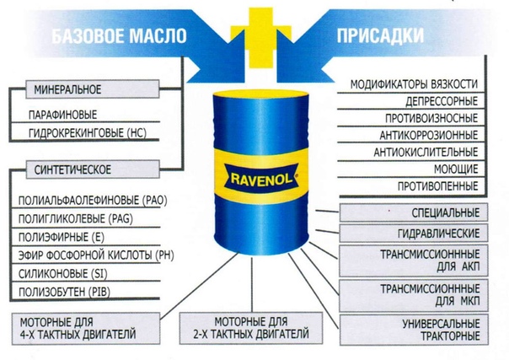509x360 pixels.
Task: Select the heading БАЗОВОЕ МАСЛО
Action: [121, 37]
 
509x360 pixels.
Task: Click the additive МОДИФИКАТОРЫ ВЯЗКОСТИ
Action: [414, 84]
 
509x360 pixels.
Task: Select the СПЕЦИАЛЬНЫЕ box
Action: [414, 212]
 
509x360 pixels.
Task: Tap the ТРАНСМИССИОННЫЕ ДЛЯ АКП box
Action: [414, 259]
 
